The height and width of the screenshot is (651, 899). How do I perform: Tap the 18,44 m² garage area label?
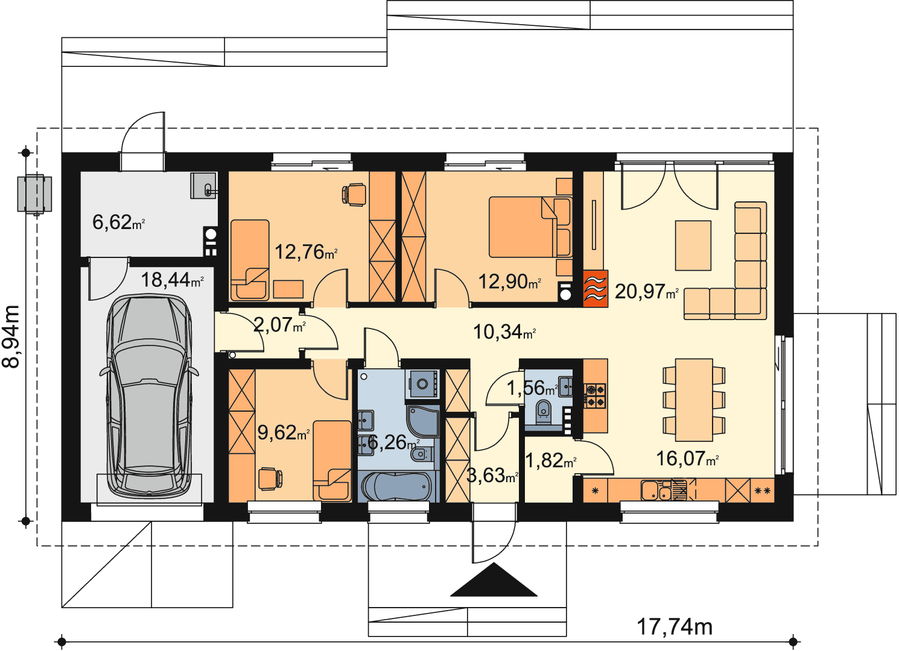coord(172,280)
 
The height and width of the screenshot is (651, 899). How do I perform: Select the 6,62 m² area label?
coord(118,222)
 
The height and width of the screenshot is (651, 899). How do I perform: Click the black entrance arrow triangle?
coord(494,580)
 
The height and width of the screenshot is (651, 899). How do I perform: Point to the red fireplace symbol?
coord(596,289)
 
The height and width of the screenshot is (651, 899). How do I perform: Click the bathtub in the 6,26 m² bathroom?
coord(398,486)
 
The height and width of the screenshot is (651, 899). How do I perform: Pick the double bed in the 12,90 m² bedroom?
coord(530,227)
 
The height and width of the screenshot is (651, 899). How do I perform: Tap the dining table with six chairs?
coord(694,400)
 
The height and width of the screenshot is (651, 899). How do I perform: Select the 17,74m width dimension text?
coord(675,627)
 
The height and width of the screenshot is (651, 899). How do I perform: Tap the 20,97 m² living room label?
coord(647,291)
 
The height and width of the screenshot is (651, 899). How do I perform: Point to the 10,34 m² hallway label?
coord(504,332)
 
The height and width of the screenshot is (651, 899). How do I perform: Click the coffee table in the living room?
coord(693,245)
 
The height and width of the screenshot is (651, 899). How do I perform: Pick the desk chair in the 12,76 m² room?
coord(354,195)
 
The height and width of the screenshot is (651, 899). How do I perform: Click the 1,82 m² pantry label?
coord(550,461)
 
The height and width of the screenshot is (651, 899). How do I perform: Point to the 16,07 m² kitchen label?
coord(687,458)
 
